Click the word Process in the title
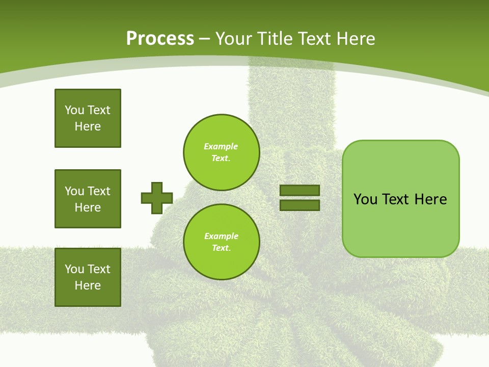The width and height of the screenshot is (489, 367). click(x=160, y=39)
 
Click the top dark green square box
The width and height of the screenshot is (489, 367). click(x=88, y=118)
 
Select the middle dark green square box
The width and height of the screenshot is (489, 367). click(x=88, y=199)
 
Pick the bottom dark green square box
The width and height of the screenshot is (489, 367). click(x=88, y=277)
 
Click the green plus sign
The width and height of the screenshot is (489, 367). click(x=157, y=198)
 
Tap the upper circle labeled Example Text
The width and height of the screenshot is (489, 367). click(x=221, y=152)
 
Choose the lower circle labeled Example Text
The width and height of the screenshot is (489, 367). click(x=221, y=242)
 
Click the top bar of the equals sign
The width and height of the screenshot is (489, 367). click(x=300, y=191)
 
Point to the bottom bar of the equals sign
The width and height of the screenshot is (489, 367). click(x=300, y=205)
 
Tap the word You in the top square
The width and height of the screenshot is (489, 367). click(x=74, y=110)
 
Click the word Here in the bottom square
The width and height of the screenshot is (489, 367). click(x=88, y=285)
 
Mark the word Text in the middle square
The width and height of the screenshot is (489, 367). click(x=98, y=191)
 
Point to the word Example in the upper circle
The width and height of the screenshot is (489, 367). click(x=221, y=146)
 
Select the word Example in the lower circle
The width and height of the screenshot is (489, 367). click(x=221, y=236)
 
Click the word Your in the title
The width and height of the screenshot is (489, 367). click(x=232, y=39)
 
